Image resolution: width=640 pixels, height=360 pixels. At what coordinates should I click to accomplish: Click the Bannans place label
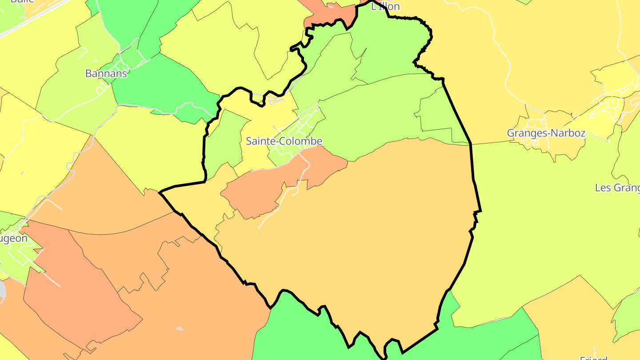106,73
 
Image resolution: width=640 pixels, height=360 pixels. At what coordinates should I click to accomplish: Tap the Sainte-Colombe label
284,141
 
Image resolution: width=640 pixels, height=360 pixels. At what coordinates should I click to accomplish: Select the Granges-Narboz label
546,133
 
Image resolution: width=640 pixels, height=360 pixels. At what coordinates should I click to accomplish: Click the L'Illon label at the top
385,6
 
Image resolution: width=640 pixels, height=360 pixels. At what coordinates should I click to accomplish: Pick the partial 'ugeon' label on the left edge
13,238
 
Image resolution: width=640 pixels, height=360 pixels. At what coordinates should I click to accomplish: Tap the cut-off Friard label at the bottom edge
594,356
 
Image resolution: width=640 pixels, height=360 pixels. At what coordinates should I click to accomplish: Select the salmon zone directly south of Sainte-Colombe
267,187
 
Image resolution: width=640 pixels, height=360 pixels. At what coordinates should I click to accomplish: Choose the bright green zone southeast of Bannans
164,84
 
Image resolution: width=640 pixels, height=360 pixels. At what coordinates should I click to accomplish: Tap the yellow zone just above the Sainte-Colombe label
267,116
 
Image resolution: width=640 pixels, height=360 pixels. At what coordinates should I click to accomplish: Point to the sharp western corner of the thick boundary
160,192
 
